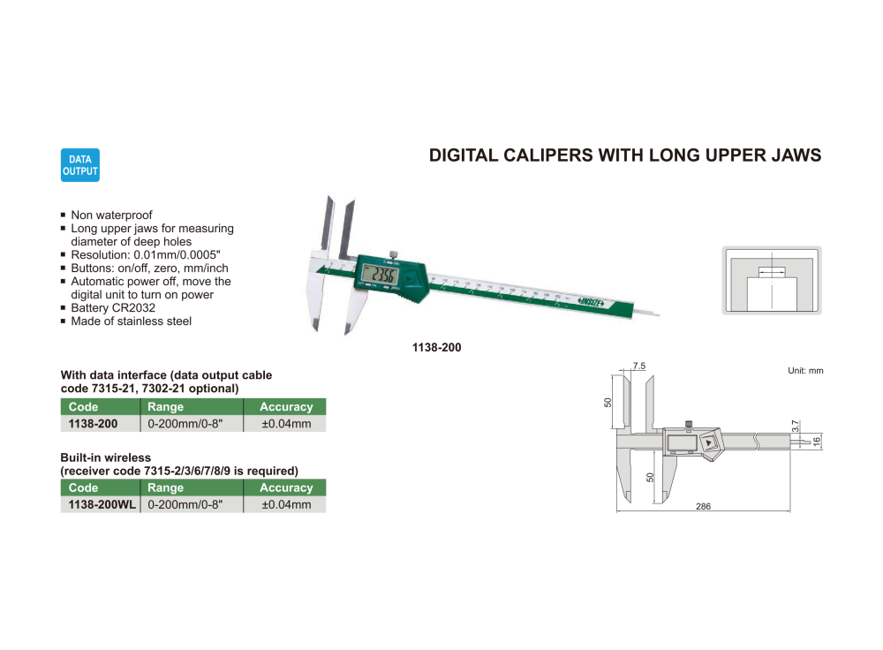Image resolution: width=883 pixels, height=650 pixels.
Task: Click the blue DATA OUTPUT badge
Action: point(80,165)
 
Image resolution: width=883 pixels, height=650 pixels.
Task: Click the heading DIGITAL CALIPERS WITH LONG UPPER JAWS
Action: point(624,155)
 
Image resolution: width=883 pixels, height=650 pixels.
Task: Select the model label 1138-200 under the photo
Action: point(436,348)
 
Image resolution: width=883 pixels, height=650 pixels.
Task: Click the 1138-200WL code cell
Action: point(99,504)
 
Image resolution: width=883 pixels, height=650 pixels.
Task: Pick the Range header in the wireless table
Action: point(166,487)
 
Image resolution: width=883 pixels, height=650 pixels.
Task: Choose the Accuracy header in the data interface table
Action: point(286,407)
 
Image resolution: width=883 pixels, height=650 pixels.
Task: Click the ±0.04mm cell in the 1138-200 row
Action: point(286,424)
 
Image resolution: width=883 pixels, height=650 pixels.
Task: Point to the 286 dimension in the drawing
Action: point(703,507)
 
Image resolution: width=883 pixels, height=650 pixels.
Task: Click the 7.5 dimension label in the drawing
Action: point(639,366)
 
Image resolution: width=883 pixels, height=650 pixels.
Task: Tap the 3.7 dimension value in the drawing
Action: point(796,426)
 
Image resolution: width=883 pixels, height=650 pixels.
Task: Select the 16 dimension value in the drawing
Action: point(817,439)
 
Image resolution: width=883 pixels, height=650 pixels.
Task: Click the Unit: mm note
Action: point(804,371)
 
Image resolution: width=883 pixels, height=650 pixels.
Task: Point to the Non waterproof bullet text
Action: point(111,215)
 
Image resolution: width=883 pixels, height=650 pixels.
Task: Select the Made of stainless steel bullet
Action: point(131,321)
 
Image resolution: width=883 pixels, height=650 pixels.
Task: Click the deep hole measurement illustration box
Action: point(772,281)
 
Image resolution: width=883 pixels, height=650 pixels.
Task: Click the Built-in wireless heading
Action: point(105,457)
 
